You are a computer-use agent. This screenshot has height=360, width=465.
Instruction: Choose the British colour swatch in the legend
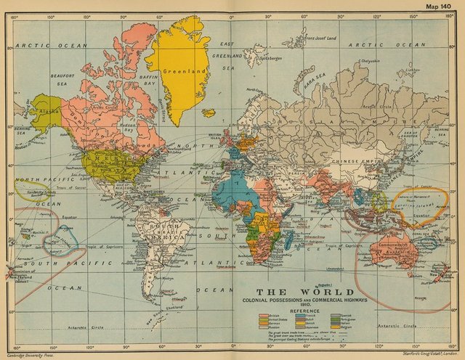264,316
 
